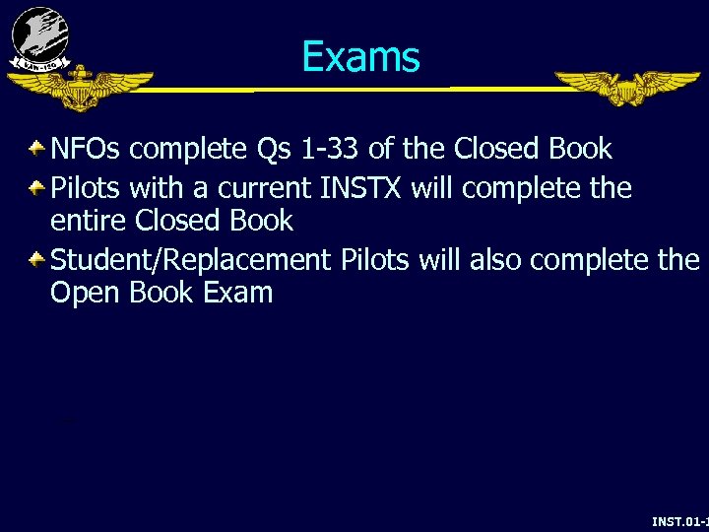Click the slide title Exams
[x=360, y=57]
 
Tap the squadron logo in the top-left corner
[x=39, y=38]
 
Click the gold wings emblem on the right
[x=626, y=87]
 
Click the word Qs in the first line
[x=276, y=150]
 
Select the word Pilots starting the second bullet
[x=84, y=187]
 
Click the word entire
[x=90, y=220]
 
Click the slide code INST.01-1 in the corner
[x=679, y=520]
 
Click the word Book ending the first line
[x=580, y=150]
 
